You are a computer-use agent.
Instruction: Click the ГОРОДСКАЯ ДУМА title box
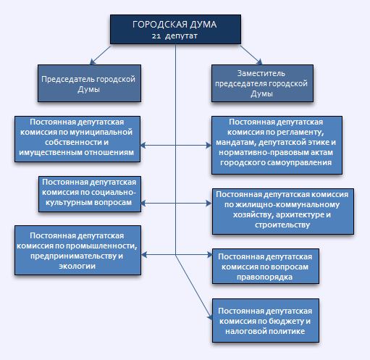[x=175, y=30]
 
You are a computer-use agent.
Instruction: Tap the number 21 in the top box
[x=156, y=36]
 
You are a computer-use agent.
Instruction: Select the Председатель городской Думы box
[x=89, y=83]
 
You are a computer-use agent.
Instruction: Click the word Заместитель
[x=261, y=73]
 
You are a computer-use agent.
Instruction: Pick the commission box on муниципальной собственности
[x=77, y=139]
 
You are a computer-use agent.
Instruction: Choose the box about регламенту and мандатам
[x=277, y=145]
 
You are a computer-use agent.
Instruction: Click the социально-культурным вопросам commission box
[x=90, y=194]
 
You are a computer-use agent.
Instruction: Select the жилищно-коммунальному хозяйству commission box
[x=283, y=212]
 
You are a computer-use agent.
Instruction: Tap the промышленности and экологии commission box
[x=77, y=251]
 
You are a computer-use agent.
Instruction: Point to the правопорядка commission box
[x=266, y=266]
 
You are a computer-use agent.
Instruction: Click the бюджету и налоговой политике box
[x=266, y=321]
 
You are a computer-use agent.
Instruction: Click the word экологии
[x=77, y=266]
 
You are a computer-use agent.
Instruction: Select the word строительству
[x=282, y=225]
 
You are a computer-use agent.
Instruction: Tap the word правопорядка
[x=264, y=277]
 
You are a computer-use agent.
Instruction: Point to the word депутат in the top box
[x=182, y=36]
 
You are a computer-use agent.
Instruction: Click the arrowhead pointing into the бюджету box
[x=210, y=317]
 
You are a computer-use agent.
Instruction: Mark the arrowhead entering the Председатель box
[x=92, y=62]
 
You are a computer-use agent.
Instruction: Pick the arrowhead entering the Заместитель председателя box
[x=259, y=62]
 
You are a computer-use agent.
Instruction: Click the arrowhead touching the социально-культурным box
[x=143, y=204]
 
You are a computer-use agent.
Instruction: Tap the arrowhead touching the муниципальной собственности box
[x=143, y=145]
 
